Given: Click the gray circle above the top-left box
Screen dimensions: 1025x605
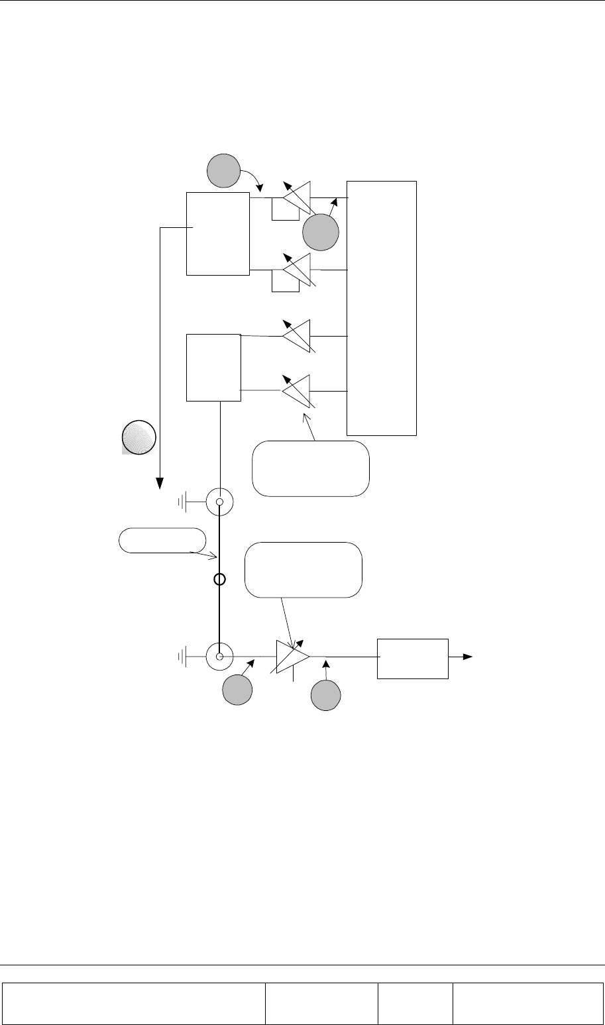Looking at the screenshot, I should point(223,171).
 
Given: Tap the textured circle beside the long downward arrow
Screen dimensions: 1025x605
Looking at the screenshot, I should point(138,438).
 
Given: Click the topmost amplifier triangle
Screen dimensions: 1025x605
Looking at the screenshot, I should point(298,197).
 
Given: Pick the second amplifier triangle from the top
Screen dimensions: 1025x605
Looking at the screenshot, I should point(298,270).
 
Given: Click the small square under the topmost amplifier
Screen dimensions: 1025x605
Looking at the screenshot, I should point(281,209).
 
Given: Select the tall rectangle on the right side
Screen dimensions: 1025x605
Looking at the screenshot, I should point(382,307).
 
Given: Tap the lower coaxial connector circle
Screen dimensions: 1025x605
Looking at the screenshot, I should point(219,657).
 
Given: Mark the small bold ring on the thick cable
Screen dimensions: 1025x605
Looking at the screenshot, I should point(220,580).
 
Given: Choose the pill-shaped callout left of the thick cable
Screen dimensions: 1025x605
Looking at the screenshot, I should point(162,541).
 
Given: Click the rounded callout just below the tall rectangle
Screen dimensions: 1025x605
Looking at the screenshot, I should point(311,468).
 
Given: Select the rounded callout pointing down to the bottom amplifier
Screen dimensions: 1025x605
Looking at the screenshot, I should point(303,570).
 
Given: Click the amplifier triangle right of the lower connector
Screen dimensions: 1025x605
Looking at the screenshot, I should point(292,657).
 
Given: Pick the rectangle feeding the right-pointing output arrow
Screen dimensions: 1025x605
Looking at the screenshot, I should point(413,658).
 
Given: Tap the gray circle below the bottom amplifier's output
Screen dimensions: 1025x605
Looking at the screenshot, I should point(327,696).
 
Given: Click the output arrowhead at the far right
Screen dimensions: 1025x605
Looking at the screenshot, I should point(468,657).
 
